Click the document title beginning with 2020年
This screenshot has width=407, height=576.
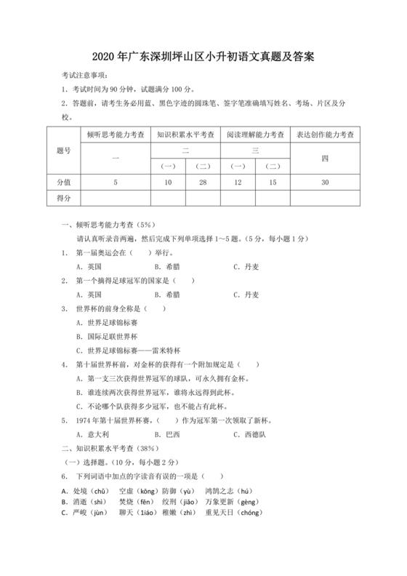pos(203,56)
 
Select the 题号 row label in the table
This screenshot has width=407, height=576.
pos(63,150)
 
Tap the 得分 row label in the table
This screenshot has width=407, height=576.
pos(63,197)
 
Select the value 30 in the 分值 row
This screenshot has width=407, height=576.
pos(325,182)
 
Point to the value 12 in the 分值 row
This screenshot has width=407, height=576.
pos(237,182)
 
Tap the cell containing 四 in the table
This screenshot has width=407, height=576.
pos(325,158)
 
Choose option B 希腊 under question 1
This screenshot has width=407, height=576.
pos(168,267)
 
